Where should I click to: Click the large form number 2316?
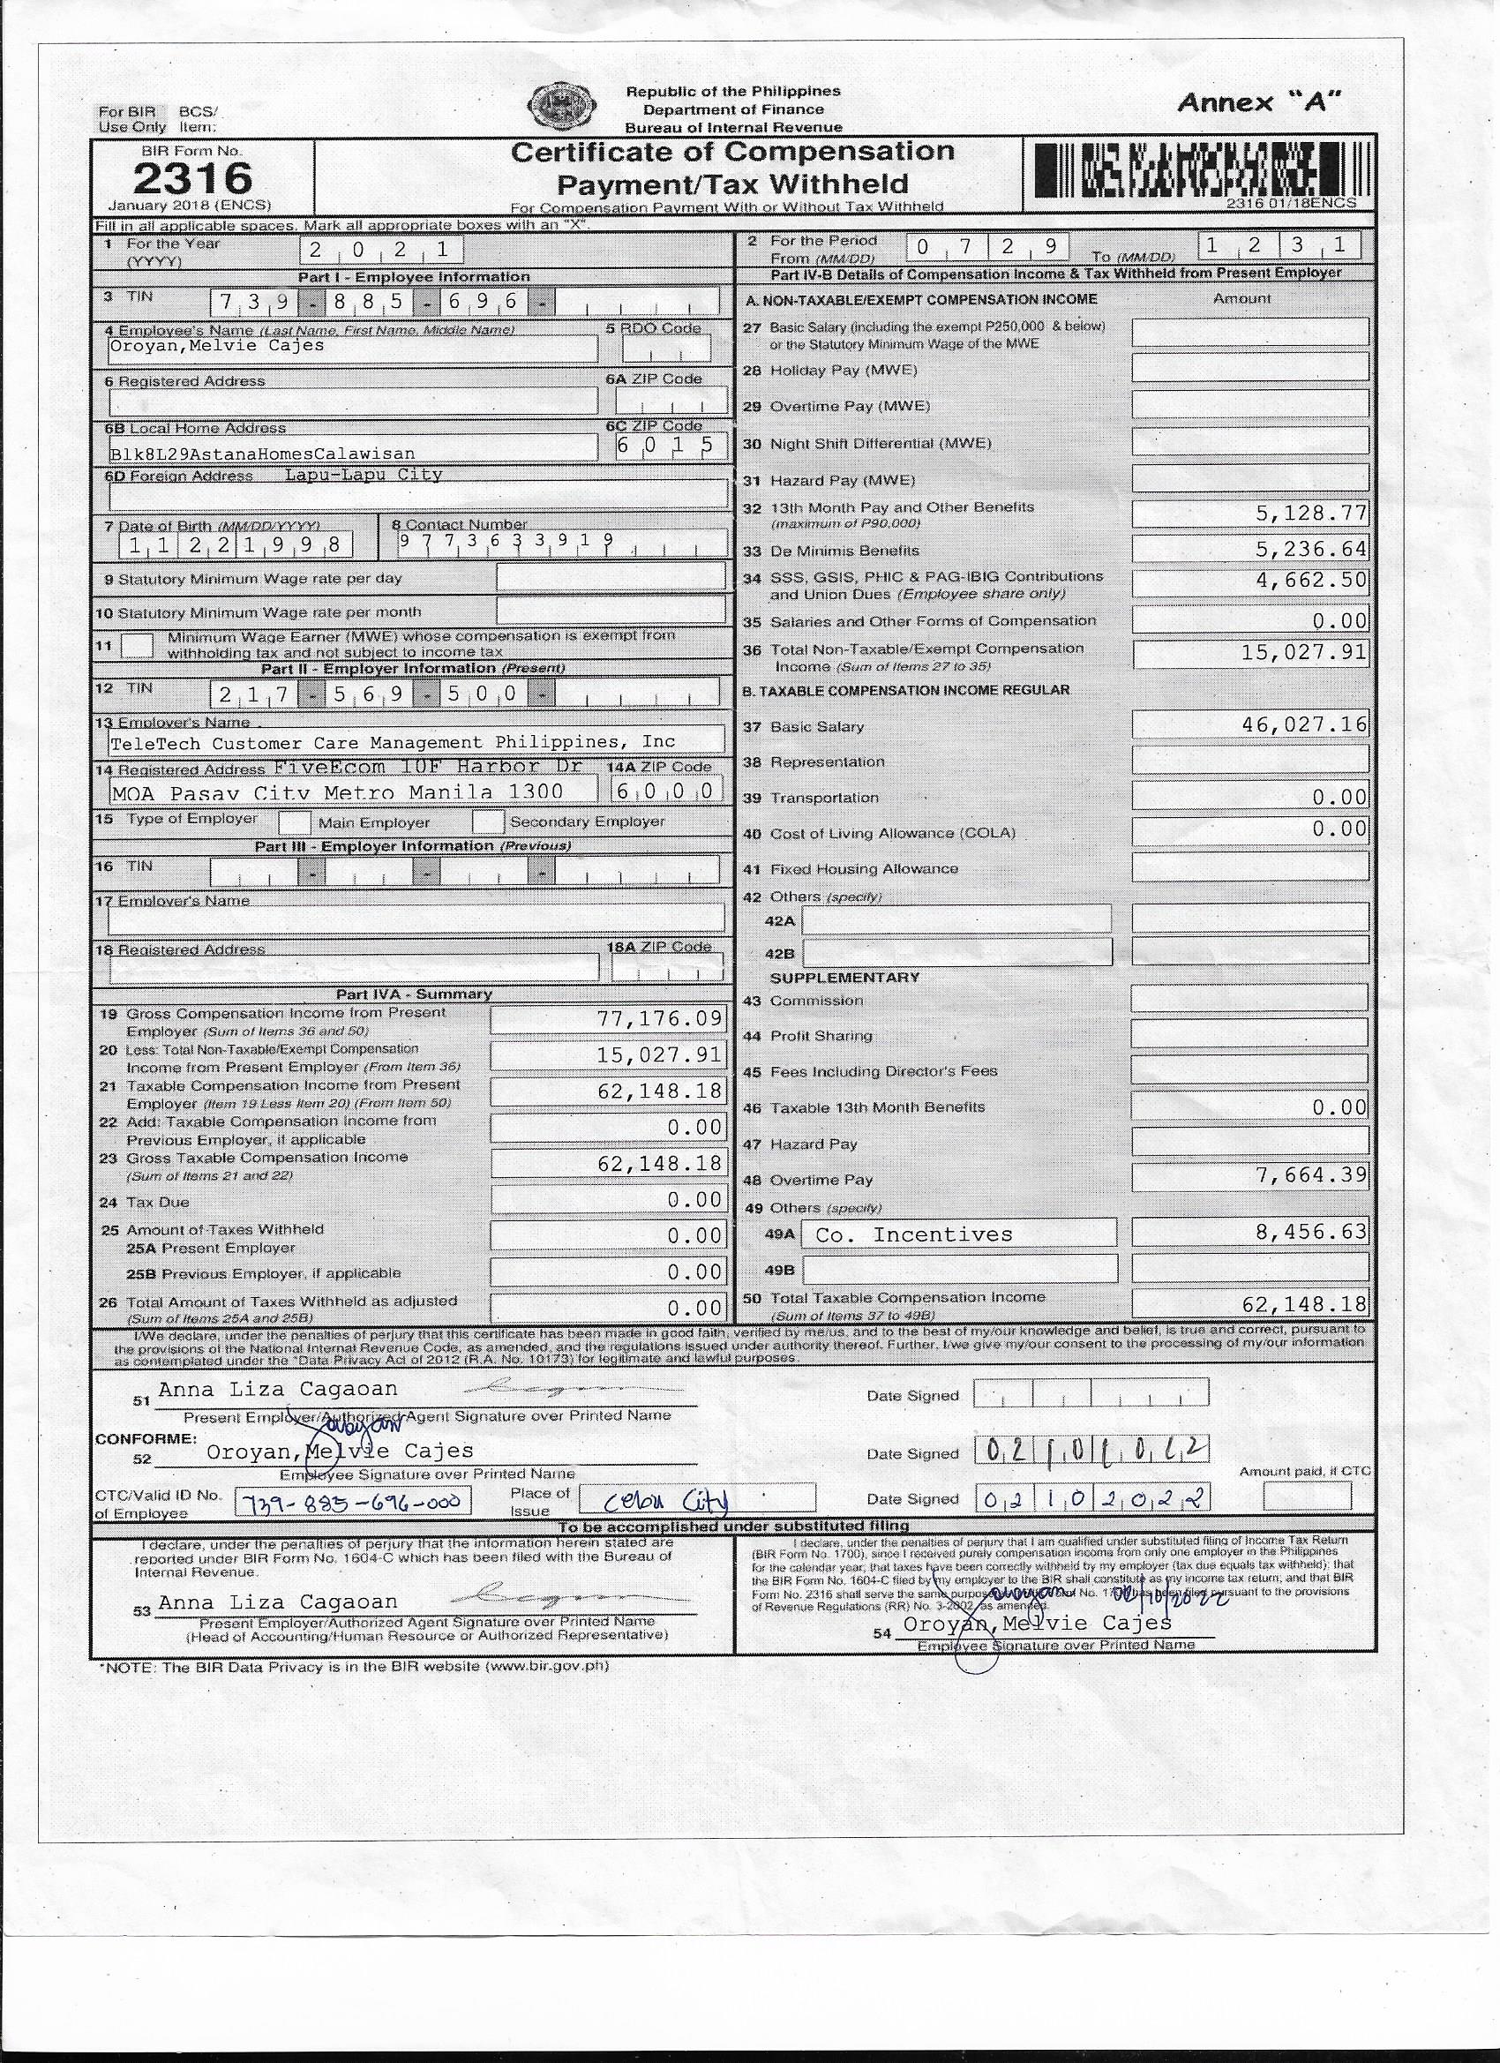pyautogui.click(x=192, y=177)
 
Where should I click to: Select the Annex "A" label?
pyautogui.click(x=1259, y=102)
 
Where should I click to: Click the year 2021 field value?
pyautogui.click(x=381, y=249)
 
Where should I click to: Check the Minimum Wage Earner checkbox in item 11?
pyautogui.click(x=138, y=646)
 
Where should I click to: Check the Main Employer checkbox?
pyautogui.click(x=294, y=822)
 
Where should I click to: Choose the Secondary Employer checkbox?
pyautogui.click(x=488, y=821)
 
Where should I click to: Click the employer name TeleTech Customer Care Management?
pyautogui.click(x=392, y=742)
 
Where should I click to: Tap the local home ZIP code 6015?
pyautogui.click(x=671, y=446)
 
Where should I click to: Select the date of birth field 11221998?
pyautogui.click(x=235, y=544)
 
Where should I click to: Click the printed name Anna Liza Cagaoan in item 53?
pyautogui.click(x=277, y=1602)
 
